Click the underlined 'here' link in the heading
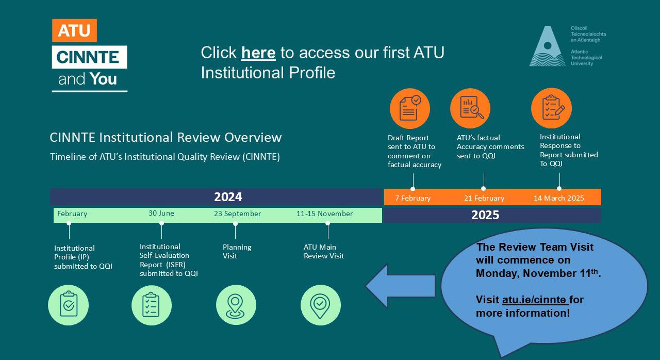(x=258, y=53)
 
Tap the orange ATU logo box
(x=74, y=31)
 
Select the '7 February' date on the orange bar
(x=412, y=198)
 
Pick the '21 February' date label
(x=484, y=198)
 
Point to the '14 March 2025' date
(x=559, y=198)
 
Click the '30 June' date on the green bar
(x=161, y=214)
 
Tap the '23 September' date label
(x=238, y=214)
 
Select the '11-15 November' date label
(x=325, y=214)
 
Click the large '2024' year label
(x=228, y=197)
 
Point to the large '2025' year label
(x=485, y=215)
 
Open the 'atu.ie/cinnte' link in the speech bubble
(x=535, y=300)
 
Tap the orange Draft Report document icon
(x=410, y=108)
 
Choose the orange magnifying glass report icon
(x=470, y=108)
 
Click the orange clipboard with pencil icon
(x=551, y=108)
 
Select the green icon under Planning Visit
(x=236, y=305)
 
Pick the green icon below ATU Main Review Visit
(x=320, y=305)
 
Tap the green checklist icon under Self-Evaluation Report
(x=151, y=305)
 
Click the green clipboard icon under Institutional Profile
(x=68, y=305)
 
